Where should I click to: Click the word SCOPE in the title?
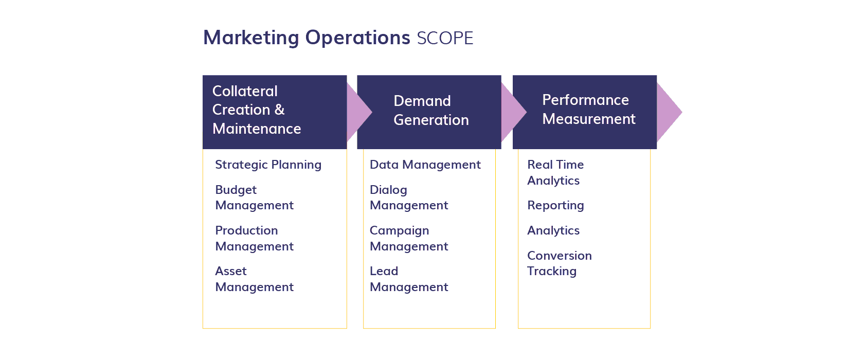tap(445, 39)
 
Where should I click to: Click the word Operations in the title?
tap(357, 38)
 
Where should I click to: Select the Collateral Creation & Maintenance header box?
tap(275, 112)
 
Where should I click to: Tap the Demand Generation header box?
tap(429, 112)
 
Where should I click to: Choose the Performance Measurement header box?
tap(585, 112)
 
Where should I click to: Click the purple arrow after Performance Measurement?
tap(669, 112)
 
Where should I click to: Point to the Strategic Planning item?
tap(268, 165)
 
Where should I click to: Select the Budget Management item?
tap(254, 197)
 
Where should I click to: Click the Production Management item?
tap(254, 238)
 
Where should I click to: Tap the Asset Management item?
tap(254, 279)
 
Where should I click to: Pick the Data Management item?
tap(425, 165)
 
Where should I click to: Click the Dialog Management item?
tap(409, 197)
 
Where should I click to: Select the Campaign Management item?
tap(409, 238)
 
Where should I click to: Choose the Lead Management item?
tap(409, 279)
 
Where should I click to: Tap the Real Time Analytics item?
tap(555, 172)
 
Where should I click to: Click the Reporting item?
tap(555, 205)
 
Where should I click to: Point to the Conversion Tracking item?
tap(559, 263)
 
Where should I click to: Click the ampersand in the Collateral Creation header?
tap(279, 110)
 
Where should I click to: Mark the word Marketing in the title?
tap(251, 38)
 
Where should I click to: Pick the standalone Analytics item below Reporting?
tap(553, 230)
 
